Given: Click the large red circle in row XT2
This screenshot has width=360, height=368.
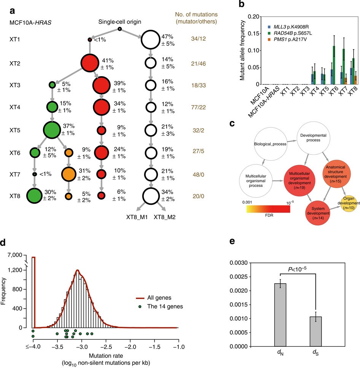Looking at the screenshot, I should [90, 63].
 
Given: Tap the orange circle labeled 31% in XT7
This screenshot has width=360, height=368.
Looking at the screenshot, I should [69, 174].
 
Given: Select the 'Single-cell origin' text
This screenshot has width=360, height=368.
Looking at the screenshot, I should [119, 22].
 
